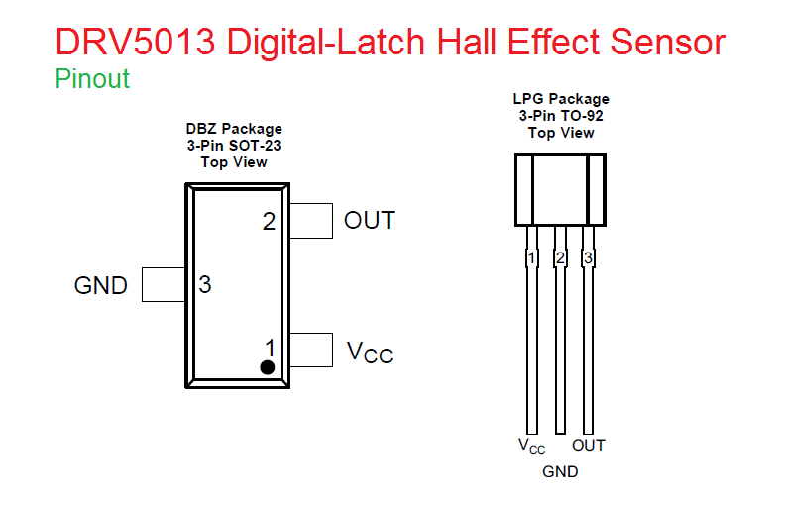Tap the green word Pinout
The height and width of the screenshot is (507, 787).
pyautogui.click(x=92, y=79)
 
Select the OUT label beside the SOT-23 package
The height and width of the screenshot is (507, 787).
pyautogui.click(x=369, y=221)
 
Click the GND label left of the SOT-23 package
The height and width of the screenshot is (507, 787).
pyautogui.click(x=101, y=286)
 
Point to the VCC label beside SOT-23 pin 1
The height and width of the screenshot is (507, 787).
pyautogui.click(x=369, y=352)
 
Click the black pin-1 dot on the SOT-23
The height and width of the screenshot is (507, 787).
pyautogui.click(x=267, y=367)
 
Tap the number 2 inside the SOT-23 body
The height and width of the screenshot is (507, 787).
pyautogui.click(x=269, y=222)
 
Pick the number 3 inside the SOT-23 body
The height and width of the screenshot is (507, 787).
pyautogui.click(x=205, y=285)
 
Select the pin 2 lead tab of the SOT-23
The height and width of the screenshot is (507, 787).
pyautogui.click(x=311, y=221)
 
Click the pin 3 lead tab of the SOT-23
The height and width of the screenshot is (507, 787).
pyautogui.click(x=165, y=284)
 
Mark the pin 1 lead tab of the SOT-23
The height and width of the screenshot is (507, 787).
pyautogui.click(x=311, y=350)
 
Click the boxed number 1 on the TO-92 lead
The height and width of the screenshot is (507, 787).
pyautogui.click(x=532, y=259)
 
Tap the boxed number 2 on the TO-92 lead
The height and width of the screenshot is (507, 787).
pyautogui.click(x=560, y=259)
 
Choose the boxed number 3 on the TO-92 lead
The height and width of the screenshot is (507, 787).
pyautogui.click(x=588, y=259)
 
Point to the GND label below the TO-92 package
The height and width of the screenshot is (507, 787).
pyautogui.click(x=560, y=472)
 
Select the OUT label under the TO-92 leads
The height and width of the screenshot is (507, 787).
pyautogui.click(x=589, y=445)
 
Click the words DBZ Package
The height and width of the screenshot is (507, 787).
pyautogui.click(x=234, y=129)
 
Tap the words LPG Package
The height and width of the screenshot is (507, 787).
pyautogui.click(x=561, y=99)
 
